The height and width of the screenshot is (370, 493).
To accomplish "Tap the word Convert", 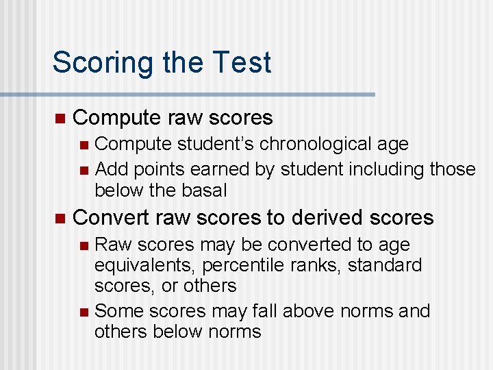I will (x=111, y=218).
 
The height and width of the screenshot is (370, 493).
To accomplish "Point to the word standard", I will (x=385, y=265).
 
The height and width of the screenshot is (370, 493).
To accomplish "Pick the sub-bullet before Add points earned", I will (x=84, y=169).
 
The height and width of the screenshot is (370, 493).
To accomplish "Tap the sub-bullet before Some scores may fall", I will (x=84, y=312).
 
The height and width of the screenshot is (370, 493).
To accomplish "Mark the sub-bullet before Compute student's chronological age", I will (x=84, y=145).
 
